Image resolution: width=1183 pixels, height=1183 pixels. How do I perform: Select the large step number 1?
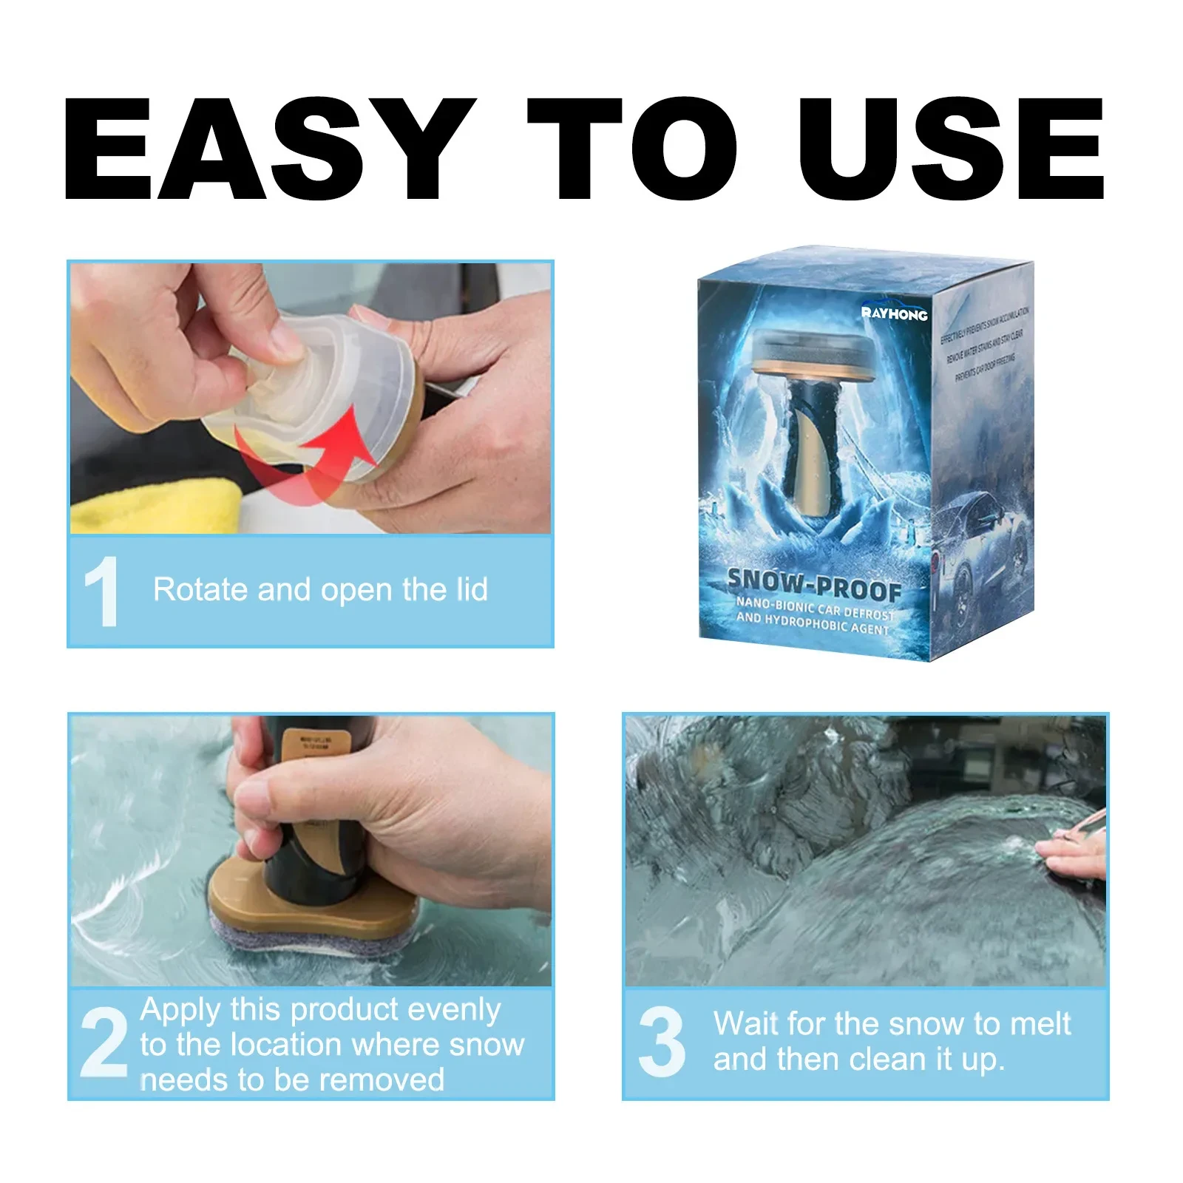(x=102, y=591)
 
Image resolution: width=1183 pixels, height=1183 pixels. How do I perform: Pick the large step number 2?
(x=104, y=1043)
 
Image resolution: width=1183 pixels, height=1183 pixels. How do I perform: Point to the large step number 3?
(x=662, y=1043)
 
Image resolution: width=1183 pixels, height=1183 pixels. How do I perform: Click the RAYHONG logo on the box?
(x=894, y=313)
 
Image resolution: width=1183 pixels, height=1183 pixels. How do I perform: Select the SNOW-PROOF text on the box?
(x=813, y=584)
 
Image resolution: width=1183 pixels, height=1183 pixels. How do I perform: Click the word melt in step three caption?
(x=1040, y=1024)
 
